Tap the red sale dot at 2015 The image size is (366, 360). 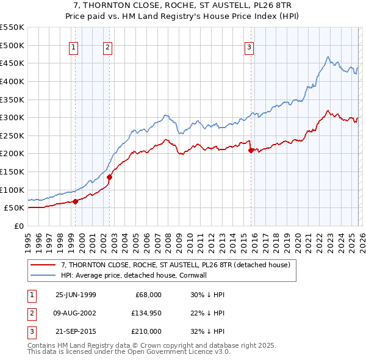click(x=251, y=150)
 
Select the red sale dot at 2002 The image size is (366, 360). click(x=110, y=177)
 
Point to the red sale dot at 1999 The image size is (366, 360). click(x=76, y=201)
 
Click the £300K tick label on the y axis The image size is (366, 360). click(x=12, y=117)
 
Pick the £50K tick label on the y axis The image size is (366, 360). click(x=15, y=208)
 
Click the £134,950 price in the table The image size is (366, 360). click(x=147, y=313)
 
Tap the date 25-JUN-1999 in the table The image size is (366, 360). click(x=76, y=295)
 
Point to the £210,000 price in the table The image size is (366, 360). click(x=147, y=331)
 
